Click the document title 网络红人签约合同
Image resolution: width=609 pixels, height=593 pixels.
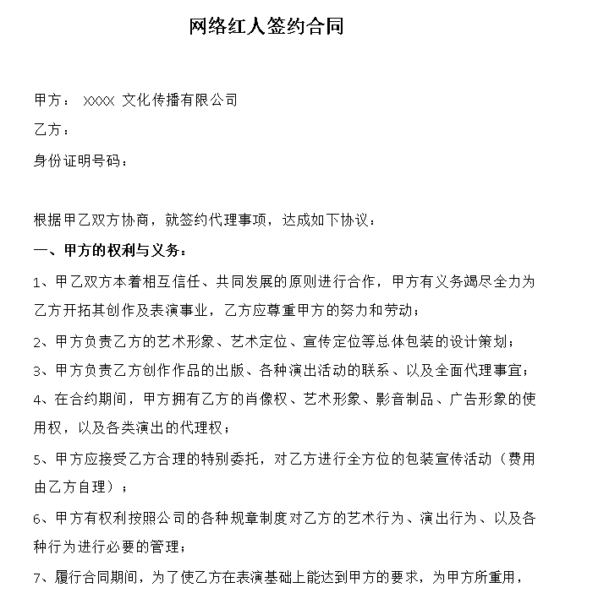tap(266, 27)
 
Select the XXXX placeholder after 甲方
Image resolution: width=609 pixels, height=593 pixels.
tap(99, 101)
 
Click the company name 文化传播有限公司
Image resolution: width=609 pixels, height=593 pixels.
tap(179, 101)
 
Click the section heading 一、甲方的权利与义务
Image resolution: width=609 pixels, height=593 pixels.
tap(105, 251)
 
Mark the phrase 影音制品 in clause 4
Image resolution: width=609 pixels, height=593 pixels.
tap(404, 400)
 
